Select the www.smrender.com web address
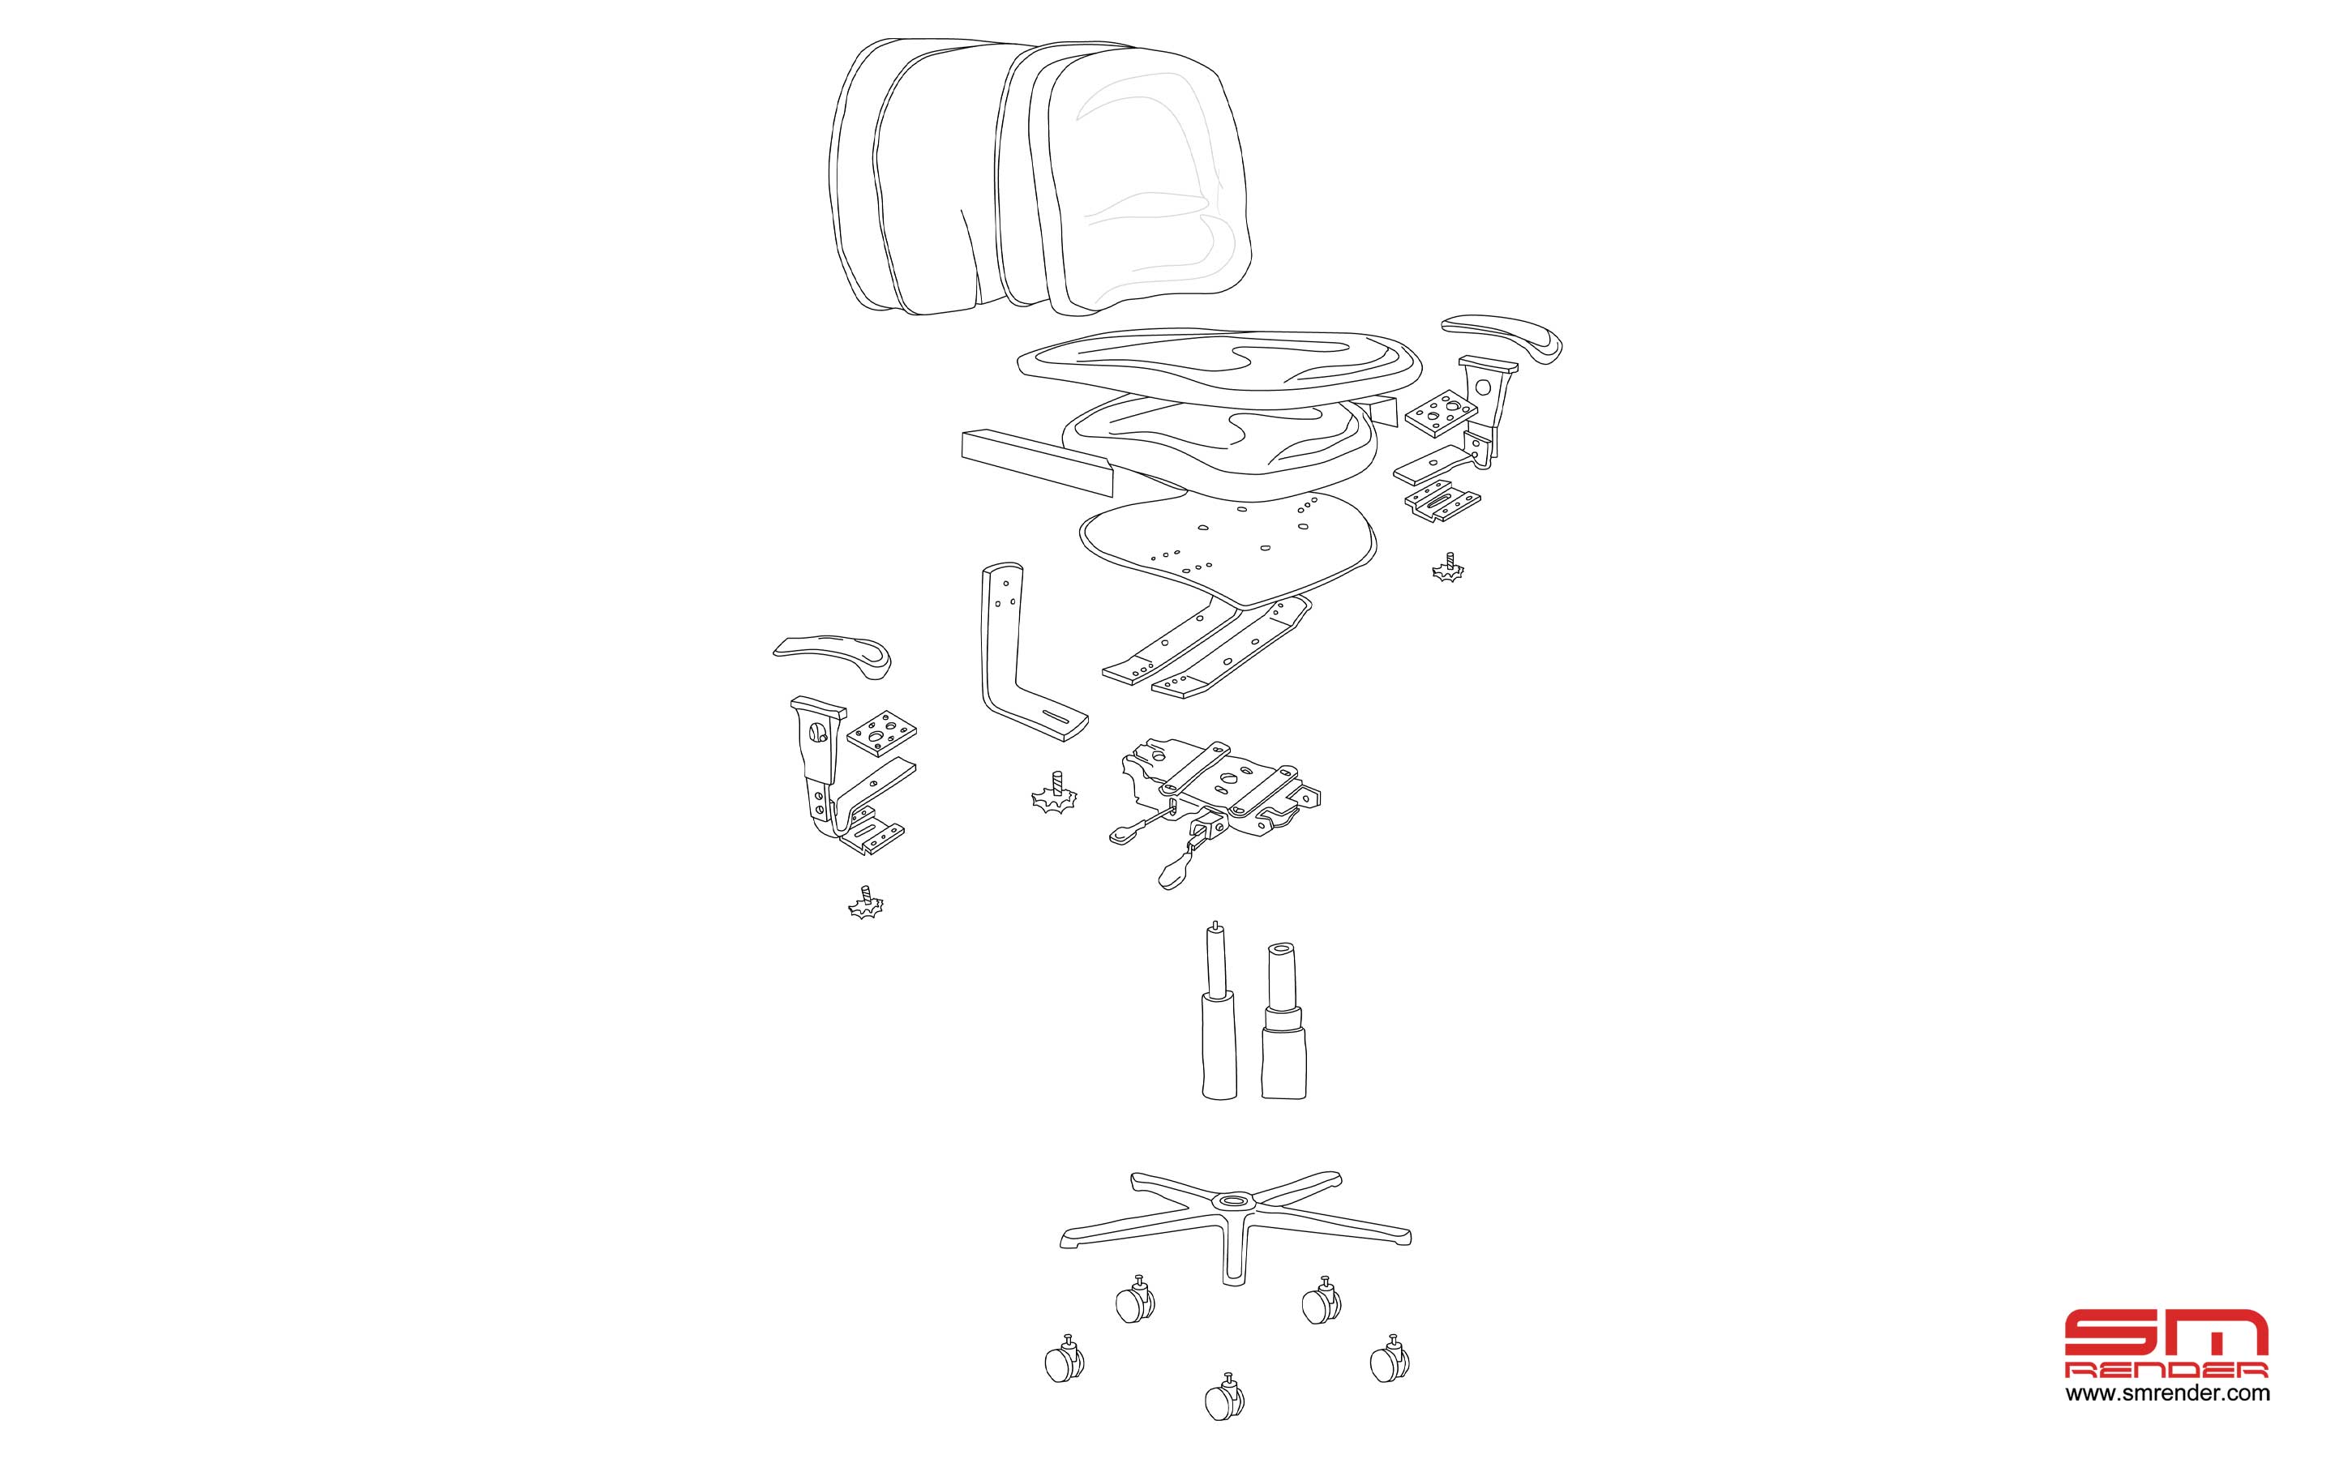[x=2167, y=1393]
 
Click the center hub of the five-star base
[x=1234, y=1201]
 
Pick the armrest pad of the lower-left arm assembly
[x=833, y=657]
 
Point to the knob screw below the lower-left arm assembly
[x=866, y=902]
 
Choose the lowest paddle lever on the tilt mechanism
[x=1178, y=867]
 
